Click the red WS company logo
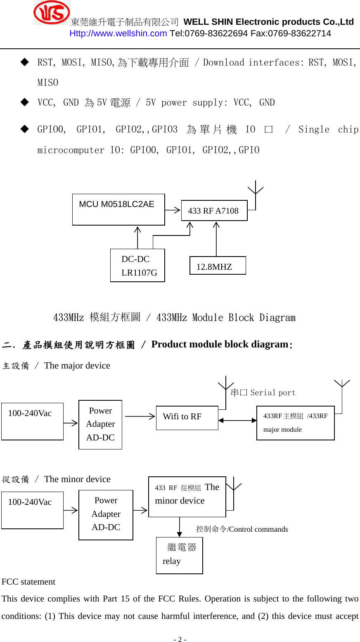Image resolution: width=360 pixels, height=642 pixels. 52,13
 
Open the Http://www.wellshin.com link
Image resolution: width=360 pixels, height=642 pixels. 118,33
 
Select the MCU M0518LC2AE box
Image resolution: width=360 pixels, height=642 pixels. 118,209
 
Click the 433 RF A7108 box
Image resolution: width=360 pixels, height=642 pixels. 214,211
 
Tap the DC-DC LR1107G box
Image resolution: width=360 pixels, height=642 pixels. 137,265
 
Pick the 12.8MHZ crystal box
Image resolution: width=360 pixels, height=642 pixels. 218,266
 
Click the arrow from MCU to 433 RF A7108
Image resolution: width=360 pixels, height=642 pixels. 173,210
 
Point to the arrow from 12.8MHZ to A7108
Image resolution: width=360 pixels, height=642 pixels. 216,239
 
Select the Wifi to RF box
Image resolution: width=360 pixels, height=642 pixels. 187,418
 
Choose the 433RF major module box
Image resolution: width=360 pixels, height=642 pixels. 295,423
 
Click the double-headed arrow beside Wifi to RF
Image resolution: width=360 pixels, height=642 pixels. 237,421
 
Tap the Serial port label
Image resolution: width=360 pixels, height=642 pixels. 263,392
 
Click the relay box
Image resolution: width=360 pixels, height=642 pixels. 179,555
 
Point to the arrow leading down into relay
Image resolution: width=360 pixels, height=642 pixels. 180,527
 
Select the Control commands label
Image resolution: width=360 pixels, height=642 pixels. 242,529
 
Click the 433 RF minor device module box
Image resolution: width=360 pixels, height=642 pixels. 187,497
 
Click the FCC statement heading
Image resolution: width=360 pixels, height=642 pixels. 28,582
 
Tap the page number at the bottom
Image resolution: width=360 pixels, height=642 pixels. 180,639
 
